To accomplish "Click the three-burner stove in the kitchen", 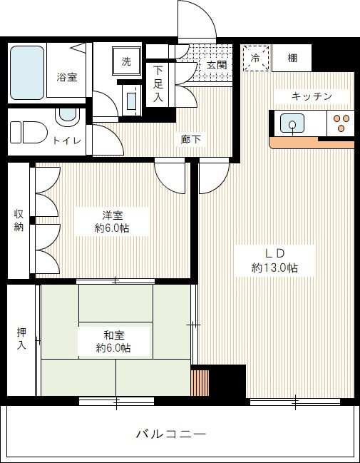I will coord(341,124).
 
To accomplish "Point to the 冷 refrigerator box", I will coord(254,58).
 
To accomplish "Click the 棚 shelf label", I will coord(293,58).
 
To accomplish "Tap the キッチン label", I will coord(312,96).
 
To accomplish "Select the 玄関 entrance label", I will coord(217,65).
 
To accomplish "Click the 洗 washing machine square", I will coord(126,62).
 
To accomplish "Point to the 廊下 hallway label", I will coord(190,139).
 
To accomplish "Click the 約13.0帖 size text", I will coord(274,268).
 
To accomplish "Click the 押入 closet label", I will coord(21,340).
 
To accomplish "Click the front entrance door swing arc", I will coord(197,18).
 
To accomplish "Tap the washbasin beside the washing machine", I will coord(130,99).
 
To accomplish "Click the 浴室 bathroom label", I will coord(67,78).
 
